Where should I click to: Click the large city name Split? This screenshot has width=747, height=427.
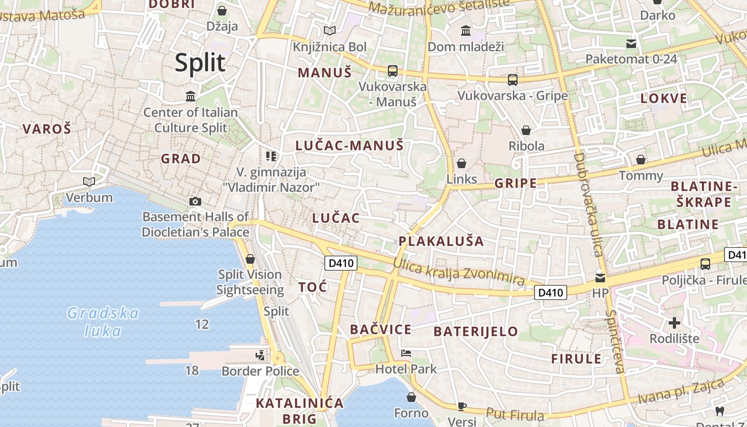200,63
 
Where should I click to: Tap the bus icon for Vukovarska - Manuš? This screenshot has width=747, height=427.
393,70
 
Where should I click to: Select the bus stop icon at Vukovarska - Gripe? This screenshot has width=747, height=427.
513,80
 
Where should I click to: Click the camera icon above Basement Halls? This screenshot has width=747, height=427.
195,201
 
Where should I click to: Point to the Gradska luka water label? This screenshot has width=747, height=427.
103,321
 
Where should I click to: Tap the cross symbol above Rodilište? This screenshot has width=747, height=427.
674,323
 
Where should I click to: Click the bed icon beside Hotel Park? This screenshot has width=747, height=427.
406,353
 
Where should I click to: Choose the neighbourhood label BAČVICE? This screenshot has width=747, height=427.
380,329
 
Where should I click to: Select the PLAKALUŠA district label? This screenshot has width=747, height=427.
441,241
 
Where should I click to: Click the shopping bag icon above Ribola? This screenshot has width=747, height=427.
526,130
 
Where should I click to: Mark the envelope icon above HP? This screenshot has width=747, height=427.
600,278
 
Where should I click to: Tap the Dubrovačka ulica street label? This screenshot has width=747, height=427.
589,204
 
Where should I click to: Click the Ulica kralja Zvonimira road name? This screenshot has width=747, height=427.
459,272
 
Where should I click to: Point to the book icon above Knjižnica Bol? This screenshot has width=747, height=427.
330,31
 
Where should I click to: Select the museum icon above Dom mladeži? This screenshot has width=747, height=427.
466,31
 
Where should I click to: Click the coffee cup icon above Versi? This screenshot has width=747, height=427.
462,406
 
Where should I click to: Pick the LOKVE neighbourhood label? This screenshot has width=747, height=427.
664,99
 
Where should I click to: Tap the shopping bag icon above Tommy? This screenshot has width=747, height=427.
641,160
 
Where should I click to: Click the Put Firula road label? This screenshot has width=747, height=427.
514,415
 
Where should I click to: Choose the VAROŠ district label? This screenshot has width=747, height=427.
47,129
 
